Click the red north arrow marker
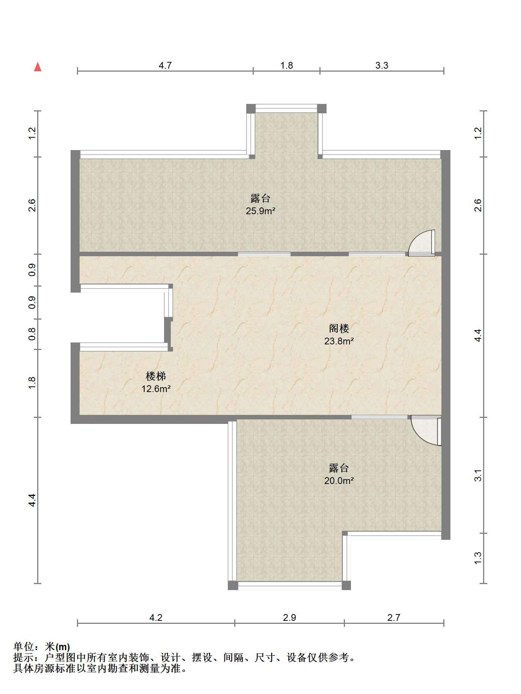click(x=38, y=67)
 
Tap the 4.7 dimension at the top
click(x=165, y=66)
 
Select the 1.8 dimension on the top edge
click(x=286, y=66)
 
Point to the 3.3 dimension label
click(x=382, y=66)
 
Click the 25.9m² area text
click(x=260, y=211)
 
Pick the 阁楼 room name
click(x=339, y=329)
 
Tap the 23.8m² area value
click(x=339, y=341)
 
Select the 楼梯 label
click(x=156, y=376)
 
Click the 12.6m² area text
click(x=156, y=389)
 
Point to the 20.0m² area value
click(x=339, y=481)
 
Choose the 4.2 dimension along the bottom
click(x=156, y=617)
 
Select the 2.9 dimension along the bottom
click(x=289, y=617)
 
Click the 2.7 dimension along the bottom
click(x=394, y=617)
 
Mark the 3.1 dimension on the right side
click(x=478, y=475)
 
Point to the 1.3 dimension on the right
click(x=478, y=558)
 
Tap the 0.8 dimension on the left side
click(x=32, y=334)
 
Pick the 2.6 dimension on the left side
click(x=32, y=205)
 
